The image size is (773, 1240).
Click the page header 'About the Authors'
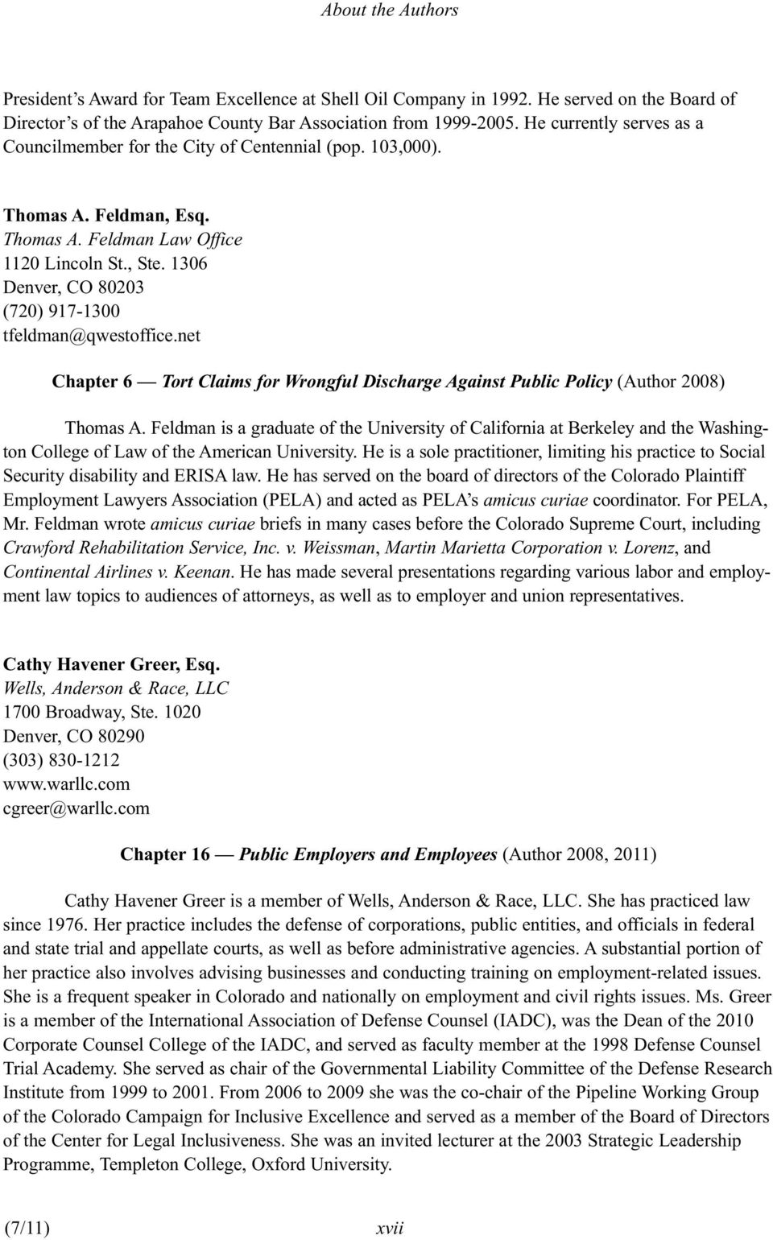click(x=389, y=10)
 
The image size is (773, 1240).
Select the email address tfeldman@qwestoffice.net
click(x=100, y=335)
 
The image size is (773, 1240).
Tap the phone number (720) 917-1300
click(x=62, y=311)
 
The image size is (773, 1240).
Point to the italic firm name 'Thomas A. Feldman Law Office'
click(x=123, y=239)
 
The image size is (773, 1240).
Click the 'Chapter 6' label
click(x=93, y=382)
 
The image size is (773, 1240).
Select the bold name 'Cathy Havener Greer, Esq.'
click(x=111, y=665)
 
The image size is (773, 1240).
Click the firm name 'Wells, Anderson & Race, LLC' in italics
click(x=116, y=688)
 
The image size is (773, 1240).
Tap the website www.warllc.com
click(x=67, y=783)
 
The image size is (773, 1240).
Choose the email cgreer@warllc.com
click(x=76, y=808)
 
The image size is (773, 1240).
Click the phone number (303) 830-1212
click(x=62, y=760)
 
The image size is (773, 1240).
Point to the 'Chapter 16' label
click(x=165, y=854)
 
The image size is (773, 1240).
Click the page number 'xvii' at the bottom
click(x=390, y=1229)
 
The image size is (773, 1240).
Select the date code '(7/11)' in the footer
click(x=27, y=1228)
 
